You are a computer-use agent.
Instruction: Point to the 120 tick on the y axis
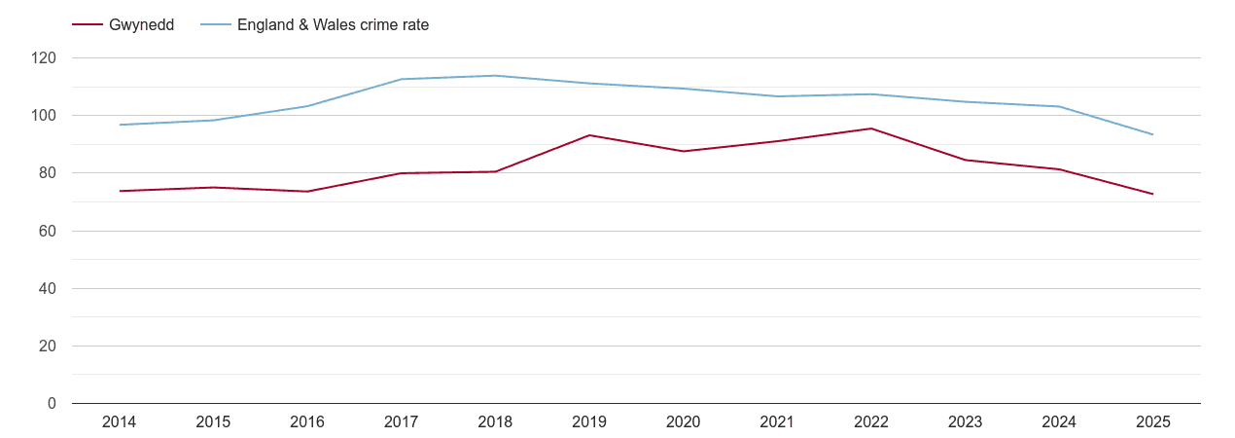click(45, 58)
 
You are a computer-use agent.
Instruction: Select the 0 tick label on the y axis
click(53, 403)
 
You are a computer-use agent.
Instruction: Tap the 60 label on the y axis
click(49, 231)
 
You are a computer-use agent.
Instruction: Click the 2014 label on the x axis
click(120, 422)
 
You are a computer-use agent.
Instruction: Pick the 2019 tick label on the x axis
click(589, 422)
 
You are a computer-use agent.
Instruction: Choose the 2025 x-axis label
click(1152, 422)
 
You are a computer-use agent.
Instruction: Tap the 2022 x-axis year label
click(871, 422)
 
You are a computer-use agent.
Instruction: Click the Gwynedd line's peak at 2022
click(871, 128)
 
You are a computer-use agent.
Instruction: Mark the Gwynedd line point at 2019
click(589, 135)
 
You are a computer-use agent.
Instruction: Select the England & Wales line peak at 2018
click(496, 76)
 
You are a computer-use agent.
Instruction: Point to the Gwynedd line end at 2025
click(1152, 194)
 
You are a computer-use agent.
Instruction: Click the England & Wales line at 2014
click(120, 125)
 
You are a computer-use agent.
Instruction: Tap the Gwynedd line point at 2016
click(307, 191)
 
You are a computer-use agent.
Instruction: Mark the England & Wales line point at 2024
click(1059, 106)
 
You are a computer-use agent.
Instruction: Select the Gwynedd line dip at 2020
click(684, 151)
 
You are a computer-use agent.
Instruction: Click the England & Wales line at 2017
click(402, 79)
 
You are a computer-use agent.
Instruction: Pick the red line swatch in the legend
click(88, 25)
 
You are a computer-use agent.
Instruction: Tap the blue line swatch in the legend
click(215, 25)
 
